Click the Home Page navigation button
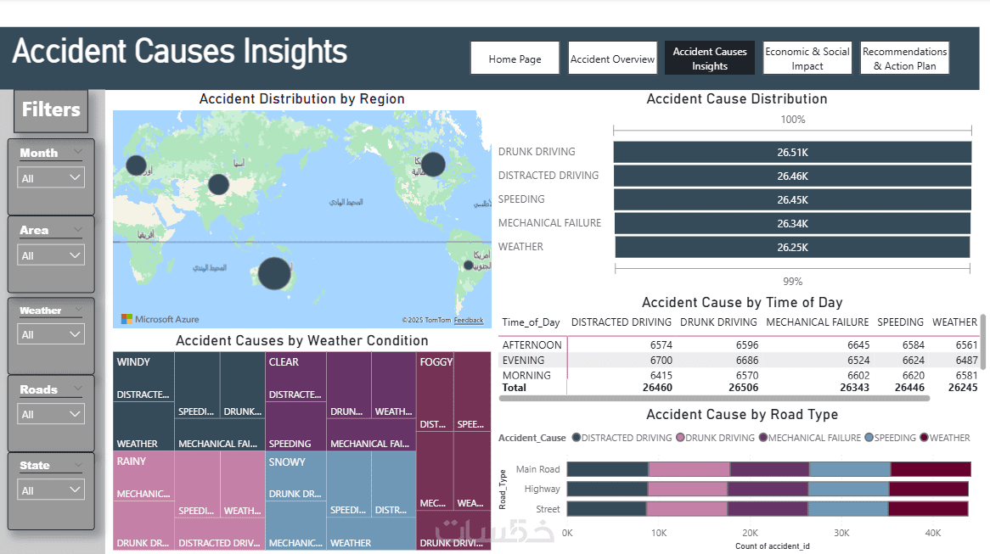[x=515, y=59]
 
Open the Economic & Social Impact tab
[x=807, y=59]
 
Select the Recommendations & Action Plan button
[x=904, y=59]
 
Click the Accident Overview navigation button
[x=612, y=59]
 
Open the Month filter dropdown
[x=52, y=178]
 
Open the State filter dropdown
[x=52, y=490]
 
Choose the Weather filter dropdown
[x=52, y=335]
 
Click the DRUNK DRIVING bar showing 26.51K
[x=792, y=153]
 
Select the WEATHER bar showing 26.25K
[x=791, y=247]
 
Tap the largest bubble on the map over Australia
[x=273, y=273]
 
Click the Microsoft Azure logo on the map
[x=160, y=319]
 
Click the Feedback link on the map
[x=468, y=320]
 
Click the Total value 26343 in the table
[x=852, y=388]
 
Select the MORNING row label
[x=526, y=375]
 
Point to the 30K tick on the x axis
[x=841, y=533]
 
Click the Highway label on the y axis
[x=542, y=489]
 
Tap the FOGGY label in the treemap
[x=436, y=362]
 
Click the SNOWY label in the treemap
[x=286, y=462]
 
